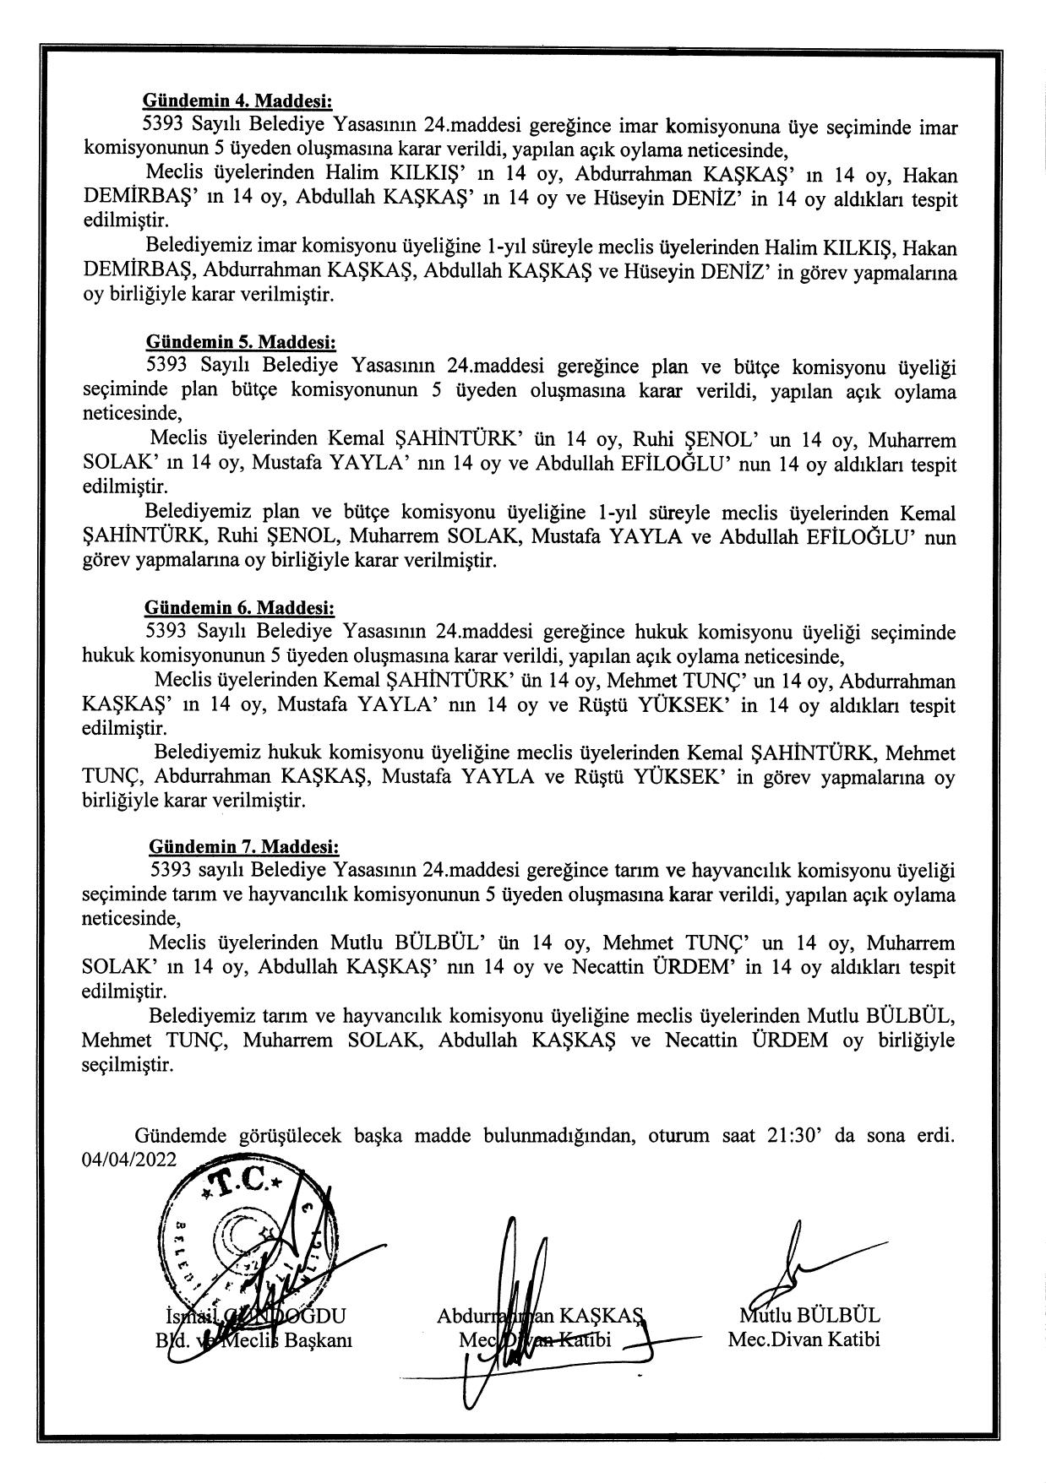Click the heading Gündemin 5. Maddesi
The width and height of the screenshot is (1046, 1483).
pyautogui.click(x=241, y=343)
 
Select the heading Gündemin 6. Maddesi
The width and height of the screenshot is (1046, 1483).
pyautogui.click(x=240, y=608)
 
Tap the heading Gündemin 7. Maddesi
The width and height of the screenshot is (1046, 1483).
pyautogui.click(x=243, y=846)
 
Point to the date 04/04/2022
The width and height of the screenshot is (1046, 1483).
pyautogui.click(x=129, y=1159)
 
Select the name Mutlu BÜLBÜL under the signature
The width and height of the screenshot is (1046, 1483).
pyautogui.click(x=809, y=1315)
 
